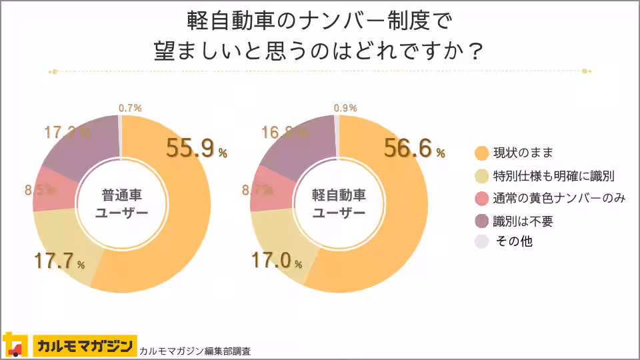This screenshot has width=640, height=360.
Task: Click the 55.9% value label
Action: click(x=197, y=149)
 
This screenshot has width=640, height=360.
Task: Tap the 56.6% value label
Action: click(x=414, y=149)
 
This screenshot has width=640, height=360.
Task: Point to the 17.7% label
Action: click(x=59, y=261)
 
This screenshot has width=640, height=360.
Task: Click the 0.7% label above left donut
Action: click(x=130, y=107)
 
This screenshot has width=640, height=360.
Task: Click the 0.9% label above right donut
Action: click(x=345, y=107)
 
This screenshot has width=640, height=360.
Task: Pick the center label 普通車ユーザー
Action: click(x=121, y=204)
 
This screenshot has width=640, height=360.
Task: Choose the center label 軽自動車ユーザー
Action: click(x=339, y=204)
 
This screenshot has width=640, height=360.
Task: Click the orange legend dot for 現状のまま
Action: click(x=481, y=153)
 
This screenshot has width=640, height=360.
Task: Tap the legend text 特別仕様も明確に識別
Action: click(x=553, y=176)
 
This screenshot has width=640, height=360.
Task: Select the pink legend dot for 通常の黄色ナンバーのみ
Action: click(x=481, y=199)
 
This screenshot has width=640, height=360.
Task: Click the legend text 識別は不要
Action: click(x=523, y=221)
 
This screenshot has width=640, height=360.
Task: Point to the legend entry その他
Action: click(x=513, y=242)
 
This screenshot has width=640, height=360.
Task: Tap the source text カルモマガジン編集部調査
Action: click(x=196, y=350)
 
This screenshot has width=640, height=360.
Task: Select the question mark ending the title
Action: click(x=473, y=51)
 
